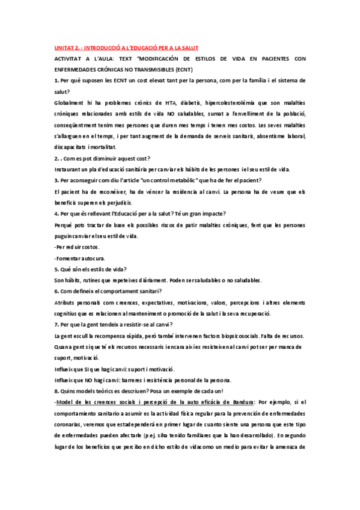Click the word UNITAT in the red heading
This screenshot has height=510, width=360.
[x=61, y=47]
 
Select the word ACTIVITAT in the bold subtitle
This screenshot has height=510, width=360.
[x=69, y=58]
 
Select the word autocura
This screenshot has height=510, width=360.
[x=93, y=258]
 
